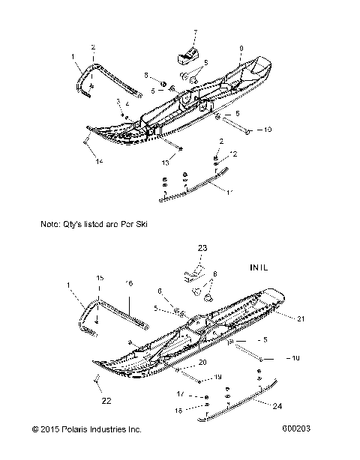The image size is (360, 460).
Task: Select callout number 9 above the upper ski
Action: tap(240, 49)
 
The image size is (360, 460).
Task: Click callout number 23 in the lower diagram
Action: tap(202, 247)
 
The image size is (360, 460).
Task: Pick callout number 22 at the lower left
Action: tap(106, 401)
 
